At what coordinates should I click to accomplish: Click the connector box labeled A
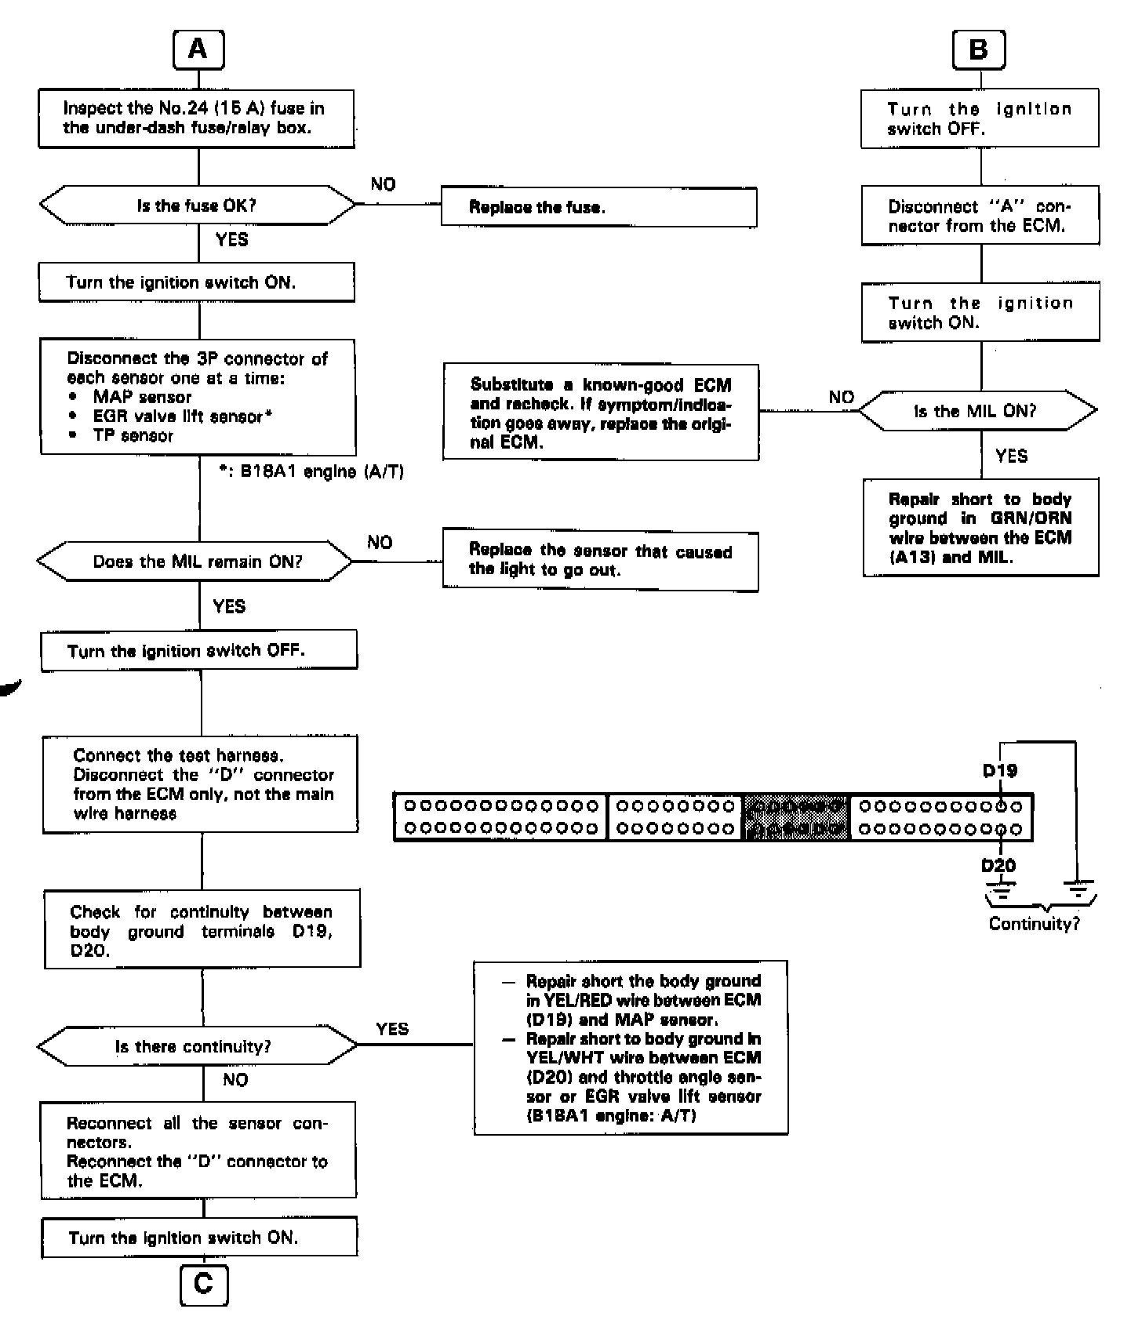[198, 49]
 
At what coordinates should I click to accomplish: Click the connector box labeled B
[978, 50]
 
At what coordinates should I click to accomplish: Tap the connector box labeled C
[203, 1285]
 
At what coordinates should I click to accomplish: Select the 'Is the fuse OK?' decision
[197, 205]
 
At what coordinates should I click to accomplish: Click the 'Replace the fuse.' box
[598, 207]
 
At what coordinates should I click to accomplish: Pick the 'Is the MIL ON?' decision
[977, 411]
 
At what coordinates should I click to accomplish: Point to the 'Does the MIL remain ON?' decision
[196, 562]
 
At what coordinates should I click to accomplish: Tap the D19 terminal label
[1000, 771]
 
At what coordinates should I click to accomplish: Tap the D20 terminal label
[998, 866]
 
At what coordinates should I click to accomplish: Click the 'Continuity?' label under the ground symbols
[1034, 924]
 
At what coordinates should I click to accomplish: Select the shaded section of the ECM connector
[796, 817]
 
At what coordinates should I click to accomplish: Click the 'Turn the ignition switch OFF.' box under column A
[199, 650]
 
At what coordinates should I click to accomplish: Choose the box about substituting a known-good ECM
[601, 413]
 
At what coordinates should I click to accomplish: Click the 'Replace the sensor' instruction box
[600, 560]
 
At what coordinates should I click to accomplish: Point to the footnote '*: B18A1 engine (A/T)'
[311, 472]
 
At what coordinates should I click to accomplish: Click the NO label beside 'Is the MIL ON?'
[841, 398]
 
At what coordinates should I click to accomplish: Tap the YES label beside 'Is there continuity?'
[392, 1029]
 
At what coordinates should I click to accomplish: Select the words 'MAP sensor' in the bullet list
[142, 397]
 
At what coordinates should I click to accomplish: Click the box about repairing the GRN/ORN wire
[980, 528]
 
